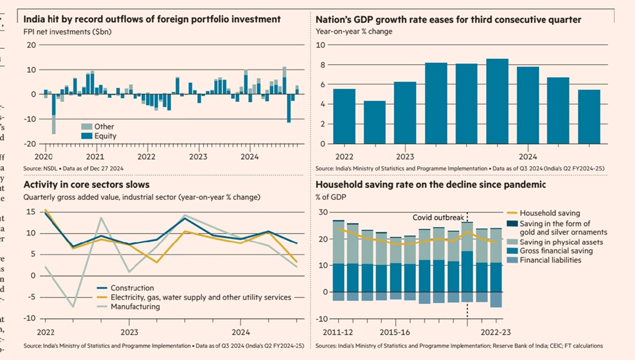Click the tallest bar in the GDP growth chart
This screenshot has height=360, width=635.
click(x=497, y=101)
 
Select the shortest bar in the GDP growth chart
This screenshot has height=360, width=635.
click(x=375, y=122)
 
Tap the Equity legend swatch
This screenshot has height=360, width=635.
click(x=86, y=136)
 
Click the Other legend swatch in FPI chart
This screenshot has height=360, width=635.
click(x=86, y=126)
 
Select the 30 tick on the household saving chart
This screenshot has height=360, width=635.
click(x=323, y=212)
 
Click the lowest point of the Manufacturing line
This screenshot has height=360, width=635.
click(x=74, y=306)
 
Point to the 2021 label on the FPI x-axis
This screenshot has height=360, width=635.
click(x=95, y=157)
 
